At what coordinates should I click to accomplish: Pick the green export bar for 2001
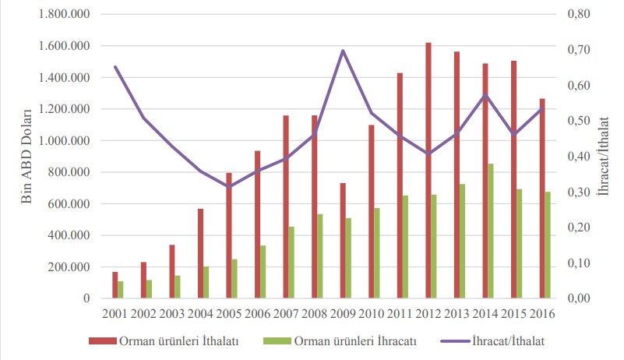pos(121,289)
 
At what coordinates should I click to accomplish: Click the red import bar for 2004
pos(199,253)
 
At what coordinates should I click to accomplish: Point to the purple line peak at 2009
pos(343,51)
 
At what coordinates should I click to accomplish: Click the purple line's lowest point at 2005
pos(228,186)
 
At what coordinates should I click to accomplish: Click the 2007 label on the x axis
pos(285,313)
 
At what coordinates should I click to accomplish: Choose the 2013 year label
pos(457,313)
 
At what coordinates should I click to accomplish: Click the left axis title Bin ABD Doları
pos(25,156)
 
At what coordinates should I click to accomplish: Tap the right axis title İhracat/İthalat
pos(608,156)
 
